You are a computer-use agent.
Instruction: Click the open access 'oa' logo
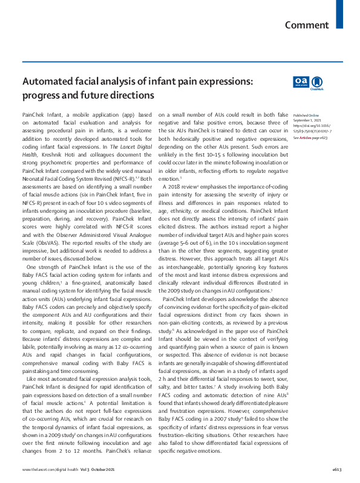pos(301,82)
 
